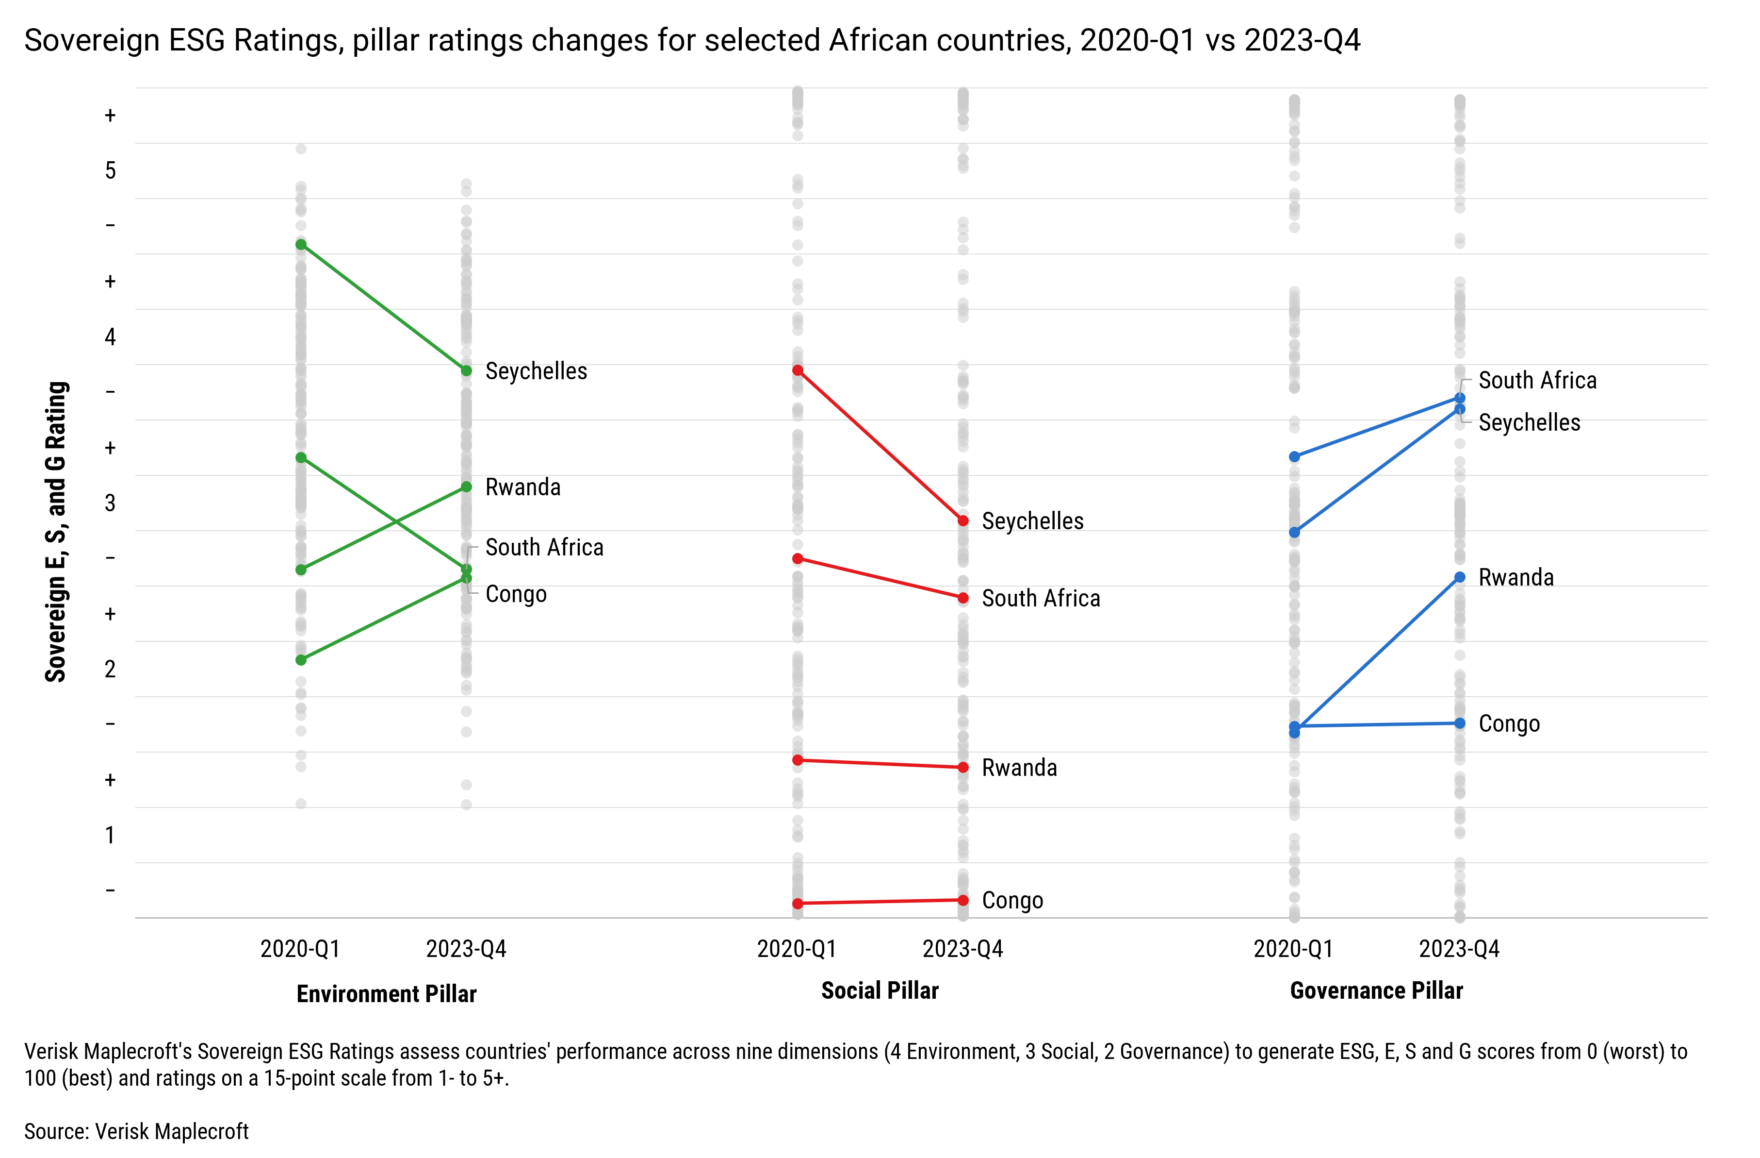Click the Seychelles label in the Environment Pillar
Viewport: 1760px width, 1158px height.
coord(536,371)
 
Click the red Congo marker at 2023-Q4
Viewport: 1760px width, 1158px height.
coord(963,900)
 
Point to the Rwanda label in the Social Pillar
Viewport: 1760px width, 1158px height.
coord(1019,767)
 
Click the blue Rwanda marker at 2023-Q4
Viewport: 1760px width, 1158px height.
coord(1460,577)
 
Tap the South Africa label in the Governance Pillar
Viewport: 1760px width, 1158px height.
coord(1537,380)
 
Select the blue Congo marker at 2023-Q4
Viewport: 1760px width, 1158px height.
coord(1460,723)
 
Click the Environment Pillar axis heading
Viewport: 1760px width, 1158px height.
coord(386,994)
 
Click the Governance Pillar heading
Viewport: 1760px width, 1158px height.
coord(1376,991)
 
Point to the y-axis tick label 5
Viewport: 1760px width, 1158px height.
coord(110,171)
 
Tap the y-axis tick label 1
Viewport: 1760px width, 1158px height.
coord(110,836)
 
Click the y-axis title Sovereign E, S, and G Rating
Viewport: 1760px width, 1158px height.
coord(56,531)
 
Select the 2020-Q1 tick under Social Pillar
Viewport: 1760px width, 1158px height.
coord(797,949)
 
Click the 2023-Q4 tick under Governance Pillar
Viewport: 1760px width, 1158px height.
coord(1459,949)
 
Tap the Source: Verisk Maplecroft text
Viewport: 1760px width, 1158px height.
coord(136,1131)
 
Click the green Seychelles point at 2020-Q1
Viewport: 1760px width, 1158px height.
coord(301,244)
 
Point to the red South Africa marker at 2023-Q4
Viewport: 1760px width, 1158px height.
coord(963,598)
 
